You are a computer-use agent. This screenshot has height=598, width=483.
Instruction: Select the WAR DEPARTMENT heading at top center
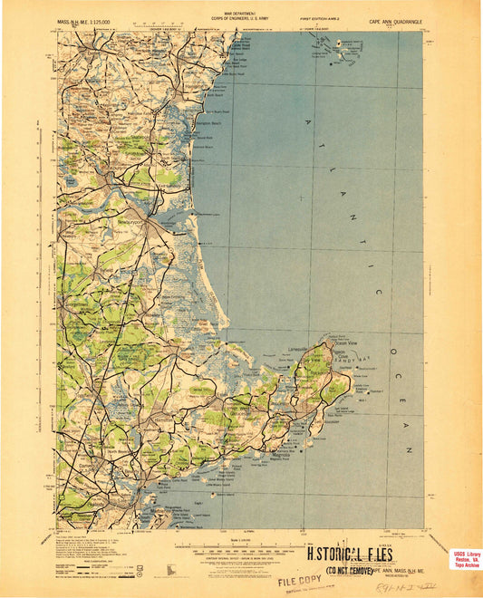[240, 14]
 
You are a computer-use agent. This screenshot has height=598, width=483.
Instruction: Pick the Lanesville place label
[300, 347]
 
